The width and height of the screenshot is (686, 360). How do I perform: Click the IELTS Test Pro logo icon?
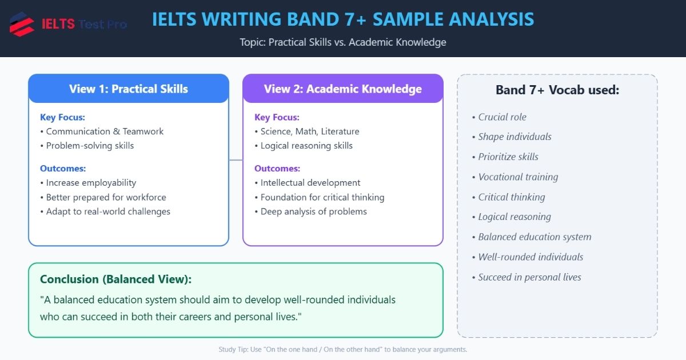(x=22, y=24)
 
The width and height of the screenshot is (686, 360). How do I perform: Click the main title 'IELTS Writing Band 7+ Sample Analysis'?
(x=343, y=19)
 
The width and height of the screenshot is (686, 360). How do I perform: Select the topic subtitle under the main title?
(x=343, y=42)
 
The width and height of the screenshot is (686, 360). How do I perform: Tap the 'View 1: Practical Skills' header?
(x=129, y=89)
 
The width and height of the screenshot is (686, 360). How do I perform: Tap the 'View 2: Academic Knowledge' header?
(x=343, y=89)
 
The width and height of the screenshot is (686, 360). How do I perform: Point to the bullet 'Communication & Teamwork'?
(x=105, y=131)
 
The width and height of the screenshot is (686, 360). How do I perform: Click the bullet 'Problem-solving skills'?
(x=90, y=146)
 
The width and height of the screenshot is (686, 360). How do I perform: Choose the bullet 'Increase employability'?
(x=91, y=183)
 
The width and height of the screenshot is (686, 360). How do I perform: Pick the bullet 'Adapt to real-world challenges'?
(x=108, y=211)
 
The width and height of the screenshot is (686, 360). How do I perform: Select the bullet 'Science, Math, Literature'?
(x=310, y=131)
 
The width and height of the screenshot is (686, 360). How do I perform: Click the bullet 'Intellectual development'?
(x=310, y=183)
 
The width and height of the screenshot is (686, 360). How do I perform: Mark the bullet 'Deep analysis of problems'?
(x=314, y=211)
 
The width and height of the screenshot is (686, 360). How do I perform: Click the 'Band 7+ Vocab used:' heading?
(x=557, y=90)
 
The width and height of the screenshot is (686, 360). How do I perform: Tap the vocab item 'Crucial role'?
(x=502, y=117)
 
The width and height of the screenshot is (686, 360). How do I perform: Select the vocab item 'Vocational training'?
(x=518, y=177)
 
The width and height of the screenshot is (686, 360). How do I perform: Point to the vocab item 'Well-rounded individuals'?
(x=531, y=257)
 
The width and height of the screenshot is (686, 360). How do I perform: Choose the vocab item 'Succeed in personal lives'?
(x=529, y=277)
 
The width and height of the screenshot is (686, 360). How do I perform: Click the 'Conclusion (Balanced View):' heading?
(x=115, y=279)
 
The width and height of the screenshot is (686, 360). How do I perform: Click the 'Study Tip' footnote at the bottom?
(x=343, y=349)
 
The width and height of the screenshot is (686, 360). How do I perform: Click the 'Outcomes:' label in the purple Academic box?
(x=277, y=169)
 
